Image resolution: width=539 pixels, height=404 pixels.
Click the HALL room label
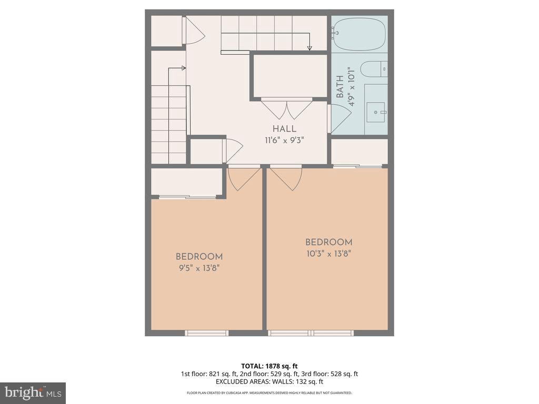coord(284,129)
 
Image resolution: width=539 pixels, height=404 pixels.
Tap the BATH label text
coord(340,87)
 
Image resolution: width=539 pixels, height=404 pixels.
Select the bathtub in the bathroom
coord(359,34)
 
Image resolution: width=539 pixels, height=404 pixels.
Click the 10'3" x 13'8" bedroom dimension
coord(328,253)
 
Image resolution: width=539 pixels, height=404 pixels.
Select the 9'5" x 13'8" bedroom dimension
coord(199,268)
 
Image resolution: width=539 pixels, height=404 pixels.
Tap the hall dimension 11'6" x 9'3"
coord(284,140)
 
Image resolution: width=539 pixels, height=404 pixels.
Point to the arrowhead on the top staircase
coord(310,48)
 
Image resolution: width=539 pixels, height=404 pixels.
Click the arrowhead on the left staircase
coord(183,68)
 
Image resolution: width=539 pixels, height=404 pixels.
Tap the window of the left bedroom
coord(206,332)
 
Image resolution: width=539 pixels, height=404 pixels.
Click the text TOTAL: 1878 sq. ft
coord(269,366)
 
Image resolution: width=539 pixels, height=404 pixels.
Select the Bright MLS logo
coord(33,392)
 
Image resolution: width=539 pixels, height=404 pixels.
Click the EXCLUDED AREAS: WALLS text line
coord(269,382)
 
